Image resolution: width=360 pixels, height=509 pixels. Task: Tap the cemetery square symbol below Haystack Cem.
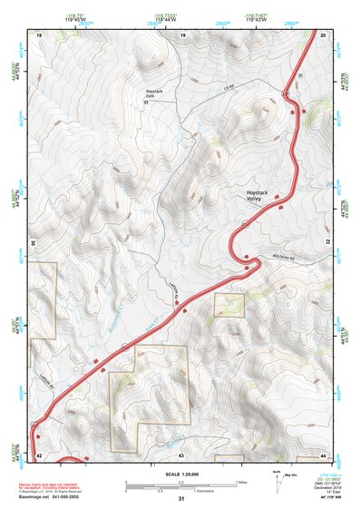point(148,103)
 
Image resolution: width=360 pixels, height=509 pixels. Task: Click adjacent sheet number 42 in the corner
point(38,454)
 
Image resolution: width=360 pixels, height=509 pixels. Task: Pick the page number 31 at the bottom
point(181,500)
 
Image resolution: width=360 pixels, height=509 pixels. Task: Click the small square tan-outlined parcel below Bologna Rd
point(229,305)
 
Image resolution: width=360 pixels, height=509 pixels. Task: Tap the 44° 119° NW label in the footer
point(329,500)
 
